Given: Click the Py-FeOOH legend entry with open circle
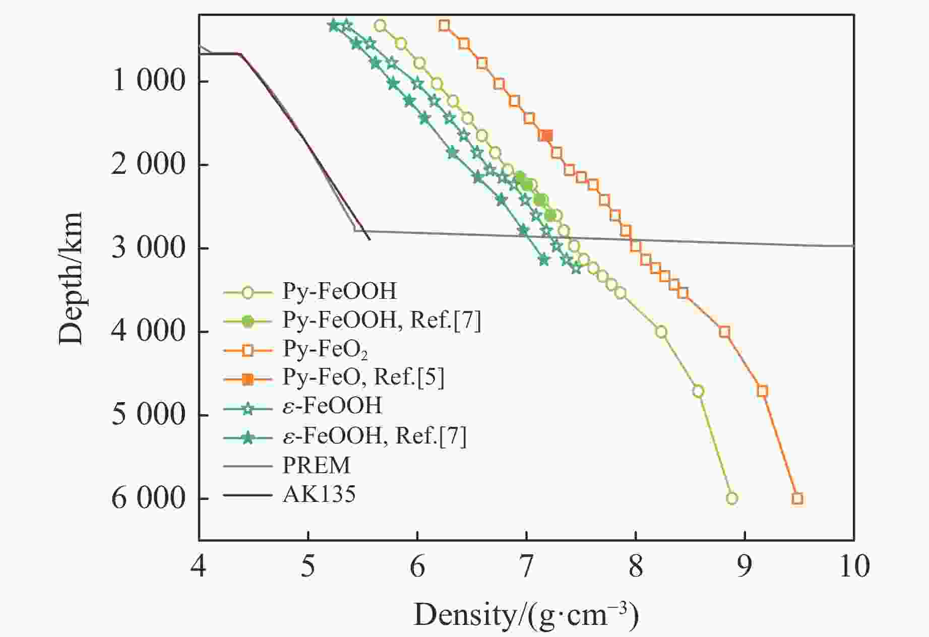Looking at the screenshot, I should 339,291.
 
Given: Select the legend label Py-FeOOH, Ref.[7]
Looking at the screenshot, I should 381,320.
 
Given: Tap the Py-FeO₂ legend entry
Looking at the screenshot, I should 325,349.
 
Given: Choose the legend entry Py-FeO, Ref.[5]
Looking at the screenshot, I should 363,377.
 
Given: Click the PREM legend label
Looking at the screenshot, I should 316,465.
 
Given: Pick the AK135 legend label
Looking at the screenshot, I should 319,494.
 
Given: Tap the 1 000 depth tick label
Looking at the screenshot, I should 148,81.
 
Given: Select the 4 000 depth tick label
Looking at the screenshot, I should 148,332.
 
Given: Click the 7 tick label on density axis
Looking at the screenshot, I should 526,566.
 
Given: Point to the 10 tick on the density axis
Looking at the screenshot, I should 854,566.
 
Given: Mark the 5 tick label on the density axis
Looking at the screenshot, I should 308,566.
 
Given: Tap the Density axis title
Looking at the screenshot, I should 526,615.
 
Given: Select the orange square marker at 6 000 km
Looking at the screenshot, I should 797,498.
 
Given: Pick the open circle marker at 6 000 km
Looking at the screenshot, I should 732,498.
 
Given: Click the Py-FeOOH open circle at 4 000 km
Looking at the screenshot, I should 661,332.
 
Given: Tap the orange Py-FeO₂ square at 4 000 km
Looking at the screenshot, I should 725,332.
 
